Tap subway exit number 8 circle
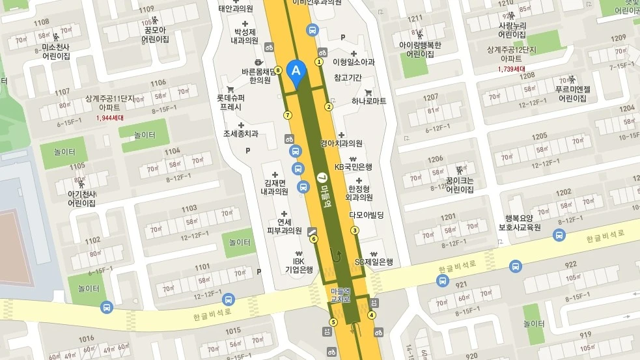coord(278,70)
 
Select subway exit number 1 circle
coord(319,62)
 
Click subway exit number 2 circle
coord(329,107)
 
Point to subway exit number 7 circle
coord(288,115)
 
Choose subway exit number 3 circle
coord(355,230)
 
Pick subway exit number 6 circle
coord(313,239)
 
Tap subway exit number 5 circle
coord(333,322)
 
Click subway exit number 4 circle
coord(372,316)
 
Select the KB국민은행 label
coord(353,167)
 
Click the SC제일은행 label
coord(374,262)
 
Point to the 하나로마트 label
coord(369,101)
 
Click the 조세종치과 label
coord(241,134)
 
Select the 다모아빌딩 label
coord(367,214)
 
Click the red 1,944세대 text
coord(109,118)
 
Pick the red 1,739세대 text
coord(512,68)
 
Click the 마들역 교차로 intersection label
coord(341,295)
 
